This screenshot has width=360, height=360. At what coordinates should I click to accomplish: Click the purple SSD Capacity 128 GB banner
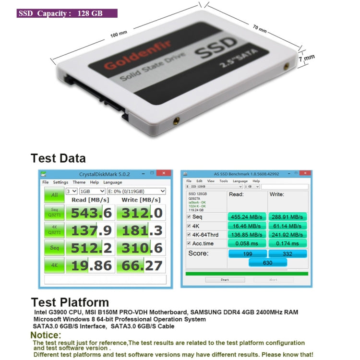tap(67, 13)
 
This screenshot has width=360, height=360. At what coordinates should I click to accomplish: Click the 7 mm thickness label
tap(307, 58)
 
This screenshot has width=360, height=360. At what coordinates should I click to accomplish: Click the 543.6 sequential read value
tap(91, 212)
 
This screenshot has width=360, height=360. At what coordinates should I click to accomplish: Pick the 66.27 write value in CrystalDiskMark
tap(141, 265)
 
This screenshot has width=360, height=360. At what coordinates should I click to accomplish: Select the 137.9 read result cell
tap(91, 230)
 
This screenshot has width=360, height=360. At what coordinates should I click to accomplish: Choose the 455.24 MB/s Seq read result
tap(247, 216)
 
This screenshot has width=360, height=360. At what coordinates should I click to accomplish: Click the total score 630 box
tap(267, 263)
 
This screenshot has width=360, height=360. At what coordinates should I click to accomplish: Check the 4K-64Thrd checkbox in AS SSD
tap(188, 235)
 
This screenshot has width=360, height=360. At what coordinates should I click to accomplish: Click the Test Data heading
tap(58, 158)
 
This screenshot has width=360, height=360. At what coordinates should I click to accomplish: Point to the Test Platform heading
tap(70, 302)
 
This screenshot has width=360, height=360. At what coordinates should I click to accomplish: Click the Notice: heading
tap(46, 335)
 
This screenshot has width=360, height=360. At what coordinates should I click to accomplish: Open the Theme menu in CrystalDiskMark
tap(79, 182)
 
